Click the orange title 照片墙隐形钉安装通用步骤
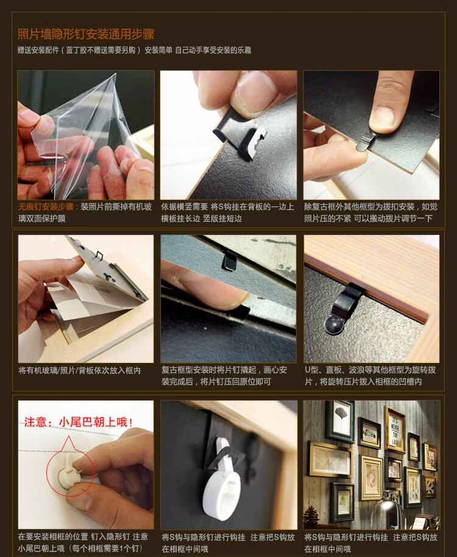pyautogui.click(x=86, y=34)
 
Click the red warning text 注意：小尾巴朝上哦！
pyautogui.click(x=78, y=422)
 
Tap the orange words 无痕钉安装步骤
pyautogui.click(x=46, y=207)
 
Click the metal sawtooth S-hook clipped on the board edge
pyautogui.click(x=240, y=135)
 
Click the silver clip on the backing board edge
pyautogui.click(x=367, y=141)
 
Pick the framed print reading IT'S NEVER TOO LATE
pyautogui.click(x=394, y=430)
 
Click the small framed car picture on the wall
pyautogui.click(x=369, y=433)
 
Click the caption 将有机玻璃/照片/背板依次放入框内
pyautogui.click(x=80, y=371)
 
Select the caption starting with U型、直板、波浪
pyautogui.click(x=370, y=376)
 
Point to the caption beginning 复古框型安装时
pyautogui.click(x=224, y=376)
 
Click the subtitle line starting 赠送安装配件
pyautogui.click(x=135, y=50)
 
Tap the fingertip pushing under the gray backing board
pyautogui.click(x=228, y=298)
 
